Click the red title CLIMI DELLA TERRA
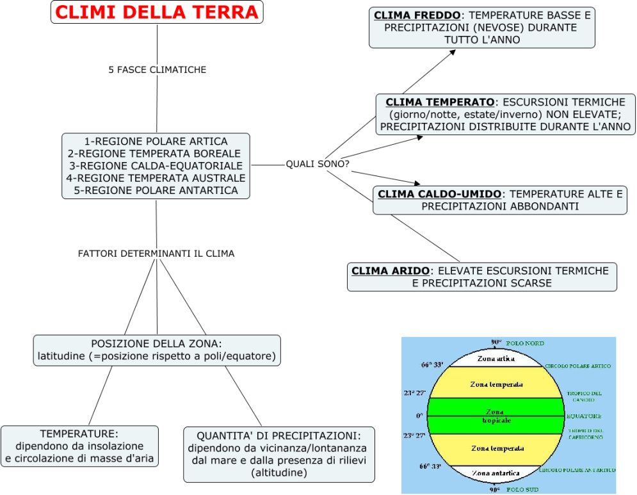[x=157, y=12]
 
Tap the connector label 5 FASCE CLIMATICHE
[x=157, y=69]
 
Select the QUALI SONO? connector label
[x=317, y=164]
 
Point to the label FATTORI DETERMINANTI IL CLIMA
[x=156, y=254]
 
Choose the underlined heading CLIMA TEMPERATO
[x=440, y=102]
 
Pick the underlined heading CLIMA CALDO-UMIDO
[x=440, y=194]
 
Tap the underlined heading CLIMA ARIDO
[x=391, y=271]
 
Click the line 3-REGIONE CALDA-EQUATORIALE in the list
[x=156, y=166]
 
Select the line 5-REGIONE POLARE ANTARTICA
[x=156, y=190]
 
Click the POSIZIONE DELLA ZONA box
[x=157, y=350]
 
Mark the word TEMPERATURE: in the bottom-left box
[x=79, y=434]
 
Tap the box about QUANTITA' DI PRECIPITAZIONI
[x=278, y=454]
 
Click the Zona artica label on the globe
[x=496, y=359]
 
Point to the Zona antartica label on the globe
[x=496, y=473]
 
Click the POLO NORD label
[x=525, y=344]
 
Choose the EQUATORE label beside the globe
[x=583, y=416]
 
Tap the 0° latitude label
[x=419, y=416]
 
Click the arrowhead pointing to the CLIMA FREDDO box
[x=452, y=51]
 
